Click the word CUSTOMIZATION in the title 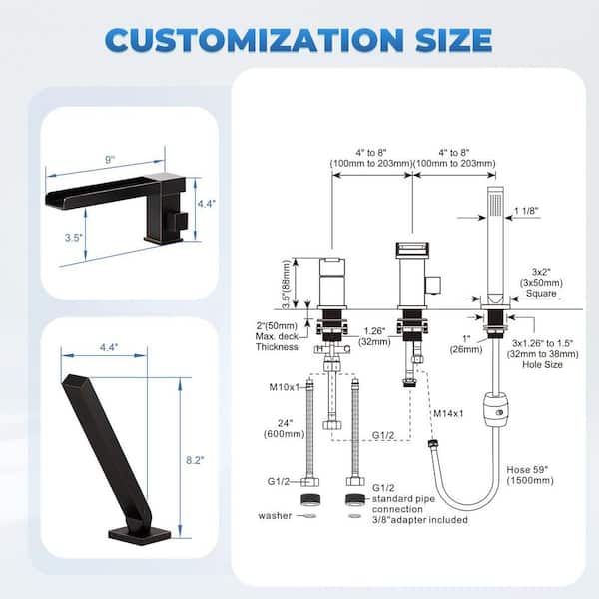click(255, 40)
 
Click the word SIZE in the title click(454, 40)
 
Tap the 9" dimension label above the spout click(110, 160)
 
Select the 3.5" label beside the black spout click(73, 238)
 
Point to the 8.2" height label click(195, 460)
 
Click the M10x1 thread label click(285, 387)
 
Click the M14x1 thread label click(448, 413)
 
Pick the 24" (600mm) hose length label click(285, 428)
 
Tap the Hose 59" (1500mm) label click(530, 475)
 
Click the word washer click(275, 516)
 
